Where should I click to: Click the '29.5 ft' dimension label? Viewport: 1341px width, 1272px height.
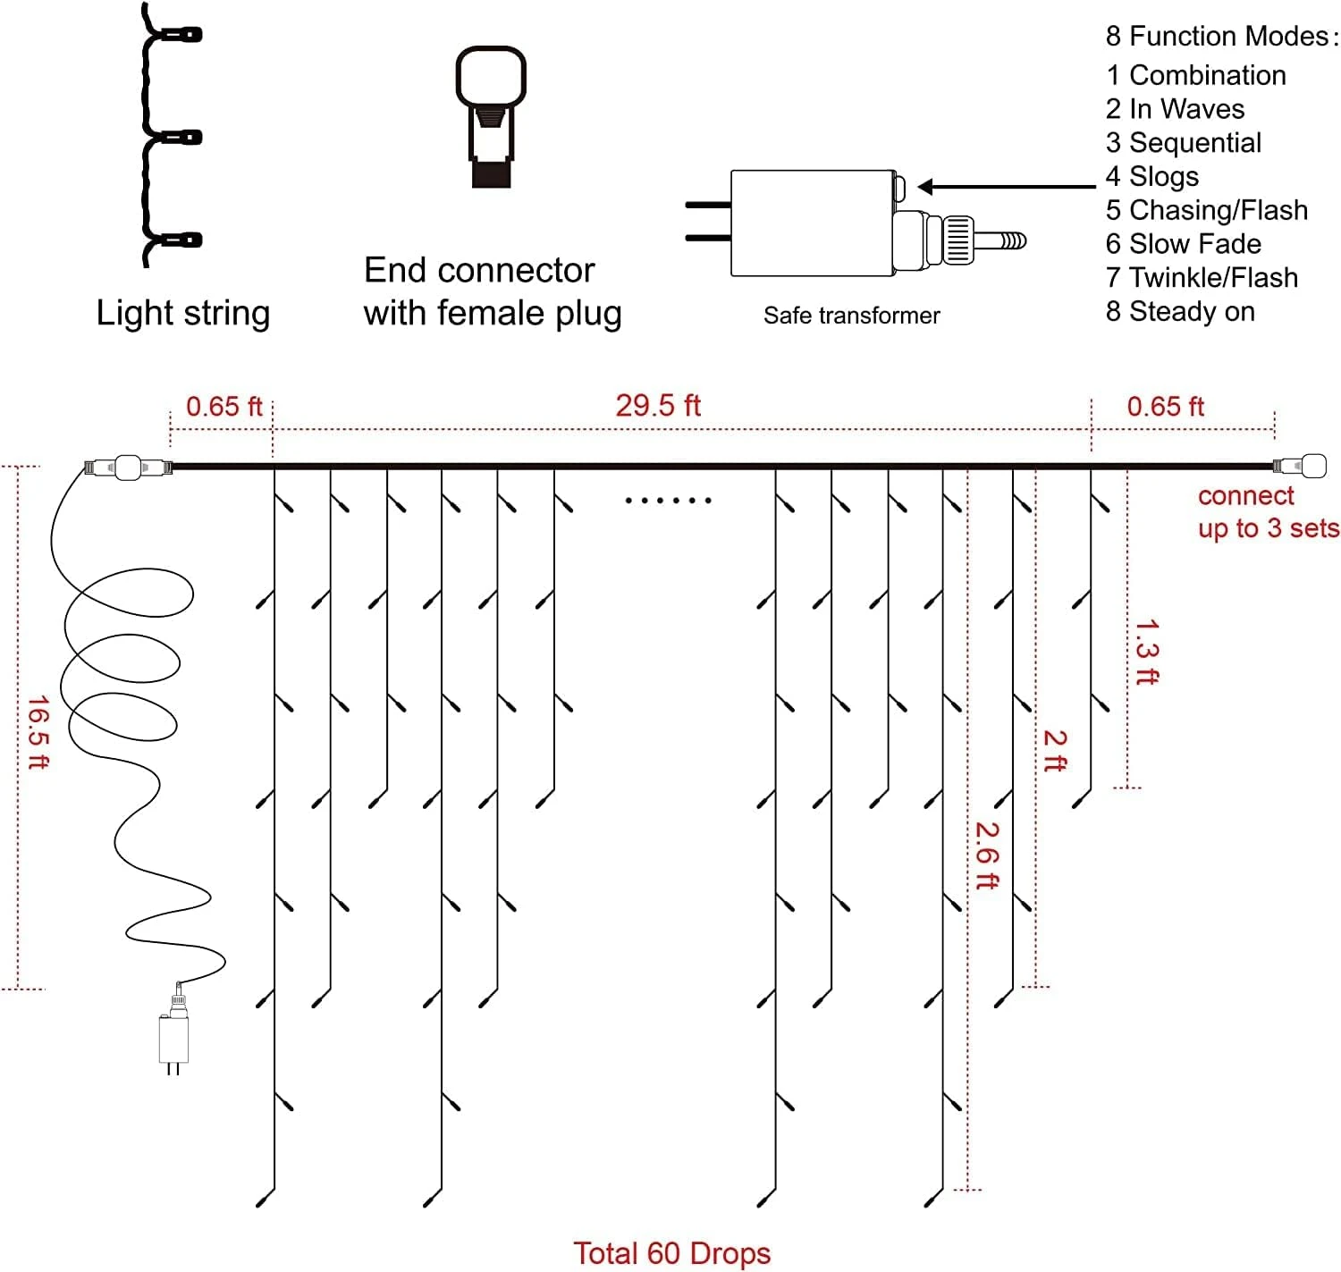[x=657, y=406]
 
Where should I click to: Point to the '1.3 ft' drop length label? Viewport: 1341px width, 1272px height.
[x=1146, y=652]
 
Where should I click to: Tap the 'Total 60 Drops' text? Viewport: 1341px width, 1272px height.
[x=671, y=1253]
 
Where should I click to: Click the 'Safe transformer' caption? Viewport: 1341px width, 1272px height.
[x=851, y=316]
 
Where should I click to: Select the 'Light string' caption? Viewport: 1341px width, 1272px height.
[x=183, y=313]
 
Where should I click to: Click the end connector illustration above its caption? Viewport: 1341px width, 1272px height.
[x=491, y=116]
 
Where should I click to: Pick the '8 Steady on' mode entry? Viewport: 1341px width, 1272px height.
[x=1180, y=311]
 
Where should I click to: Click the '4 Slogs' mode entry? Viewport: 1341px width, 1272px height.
[x=1151, y=176]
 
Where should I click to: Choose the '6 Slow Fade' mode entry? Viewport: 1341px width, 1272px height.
[x=1183, y=243]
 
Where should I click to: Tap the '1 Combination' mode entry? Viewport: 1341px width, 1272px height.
[x=1195, y=75]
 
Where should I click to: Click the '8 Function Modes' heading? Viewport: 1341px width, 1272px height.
[x=1221, y=36]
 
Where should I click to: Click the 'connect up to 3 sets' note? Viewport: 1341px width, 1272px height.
[x=1268, y=512]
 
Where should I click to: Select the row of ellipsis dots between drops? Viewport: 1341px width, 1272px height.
[x=668, y=501]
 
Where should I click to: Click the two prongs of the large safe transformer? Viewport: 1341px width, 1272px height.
[x=707, y=222]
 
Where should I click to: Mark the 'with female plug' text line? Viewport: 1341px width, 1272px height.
[x=492, y=313]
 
